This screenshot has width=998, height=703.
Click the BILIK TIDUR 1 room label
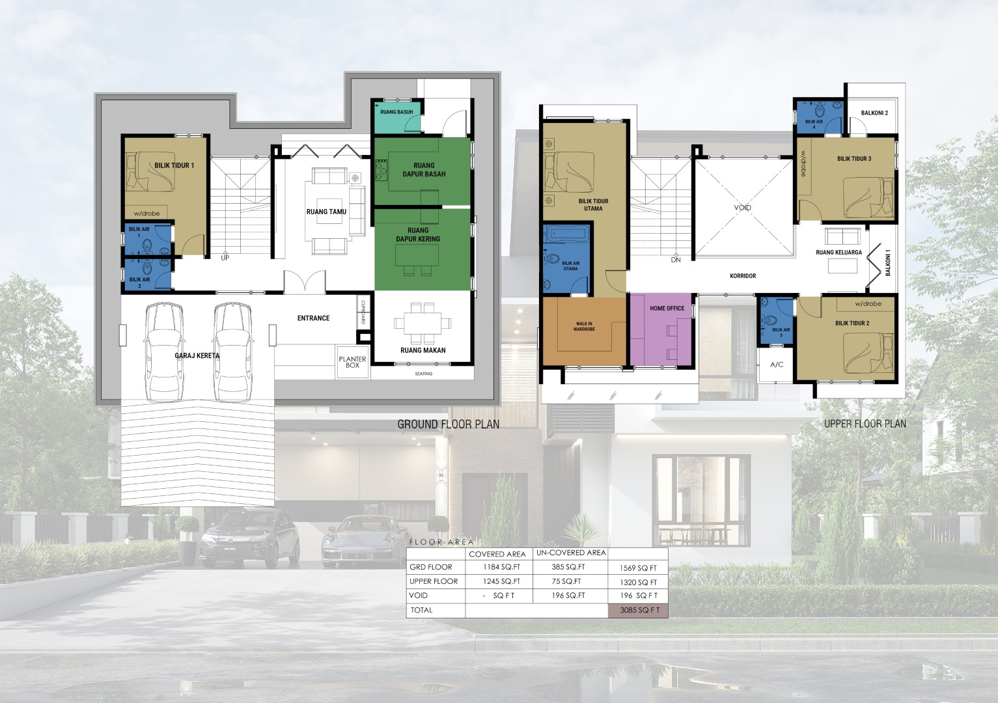coord(174,165)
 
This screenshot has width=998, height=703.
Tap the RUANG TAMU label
coord(326,212)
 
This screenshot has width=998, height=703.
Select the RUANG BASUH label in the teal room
coord(396,112)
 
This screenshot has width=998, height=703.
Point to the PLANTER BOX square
coord(352,362)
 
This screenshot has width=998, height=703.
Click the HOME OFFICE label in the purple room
coord(667,309)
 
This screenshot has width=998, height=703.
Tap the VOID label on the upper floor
coord(742,208)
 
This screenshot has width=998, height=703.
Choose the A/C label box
coord(777,365)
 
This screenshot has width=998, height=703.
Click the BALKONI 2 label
coord(874,113)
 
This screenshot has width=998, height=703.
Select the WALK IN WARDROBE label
coord(584,327)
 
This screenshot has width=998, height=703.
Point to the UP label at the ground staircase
coord(225,258)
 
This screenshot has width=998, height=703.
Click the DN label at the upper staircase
coord(676,260)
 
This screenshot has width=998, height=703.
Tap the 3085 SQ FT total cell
coord(639,611)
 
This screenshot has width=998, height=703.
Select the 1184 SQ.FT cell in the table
coord(502,567)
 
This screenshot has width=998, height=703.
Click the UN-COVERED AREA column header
coord(571,553)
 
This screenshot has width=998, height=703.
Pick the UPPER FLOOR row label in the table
coord(434,581)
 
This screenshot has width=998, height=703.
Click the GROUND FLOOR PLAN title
coord(448,424)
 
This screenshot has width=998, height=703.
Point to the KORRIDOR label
coord(743,276)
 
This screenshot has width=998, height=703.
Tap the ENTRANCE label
coord(313,318)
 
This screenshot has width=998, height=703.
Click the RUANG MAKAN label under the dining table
coord(423,350)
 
